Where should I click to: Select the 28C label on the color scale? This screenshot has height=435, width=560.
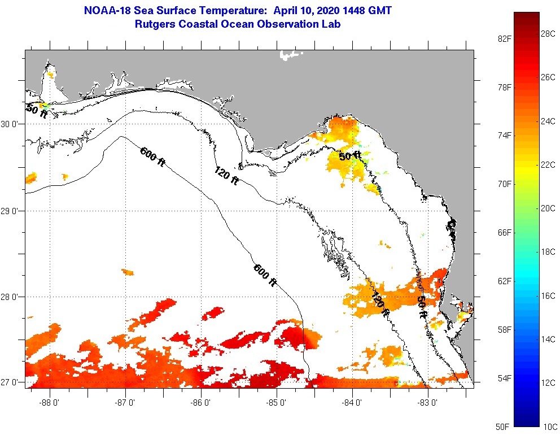548,33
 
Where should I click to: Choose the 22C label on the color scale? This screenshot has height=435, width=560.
548,164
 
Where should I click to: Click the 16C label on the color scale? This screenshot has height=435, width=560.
548,295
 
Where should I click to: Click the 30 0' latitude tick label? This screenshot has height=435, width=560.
11,124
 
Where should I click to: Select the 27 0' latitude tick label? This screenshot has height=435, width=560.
11,382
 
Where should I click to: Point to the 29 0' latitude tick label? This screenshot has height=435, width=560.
11,211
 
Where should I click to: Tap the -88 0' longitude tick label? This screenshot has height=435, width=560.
50,402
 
